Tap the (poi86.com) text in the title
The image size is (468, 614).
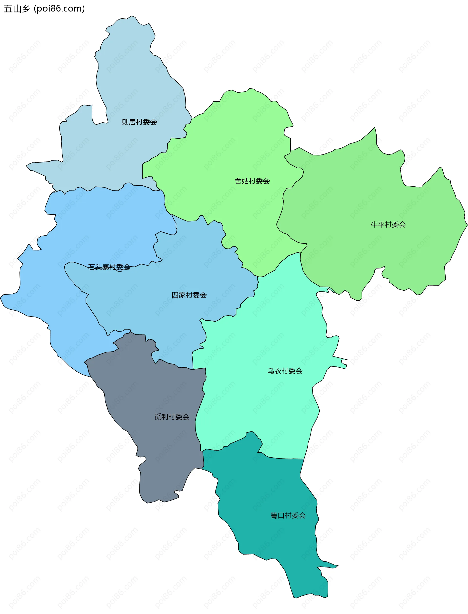coord(59,9)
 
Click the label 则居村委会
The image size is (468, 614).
coord(139,122)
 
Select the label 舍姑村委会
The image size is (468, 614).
coord(252,181)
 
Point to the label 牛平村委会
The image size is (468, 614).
coord(388,224)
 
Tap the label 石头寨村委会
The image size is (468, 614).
coord(109,267)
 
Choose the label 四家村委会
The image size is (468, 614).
coord(189,295)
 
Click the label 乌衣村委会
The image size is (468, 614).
coord(285,371)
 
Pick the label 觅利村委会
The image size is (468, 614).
coord(172,417)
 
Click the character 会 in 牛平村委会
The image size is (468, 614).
coord(402,224)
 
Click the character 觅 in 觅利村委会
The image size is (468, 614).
coord(158,417)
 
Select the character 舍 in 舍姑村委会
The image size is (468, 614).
coord(238,181)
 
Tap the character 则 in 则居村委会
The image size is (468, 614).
coord(125,122)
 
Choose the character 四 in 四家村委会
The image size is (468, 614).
coord(175,295)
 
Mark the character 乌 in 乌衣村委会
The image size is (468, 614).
coord(271,371)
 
